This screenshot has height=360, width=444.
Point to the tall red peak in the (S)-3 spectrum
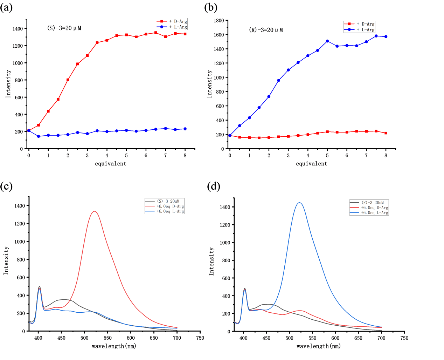click(x=95, y=211)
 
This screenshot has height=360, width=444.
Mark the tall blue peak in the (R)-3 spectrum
click(x=299, y=202)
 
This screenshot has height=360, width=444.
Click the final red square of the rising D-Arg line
click(x=185, y=34)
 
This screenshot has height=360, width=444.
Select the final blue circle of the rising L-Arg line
click(x=386, y=36)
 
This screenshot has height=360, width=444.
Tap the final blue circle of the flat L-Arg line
click(x=185, y=129)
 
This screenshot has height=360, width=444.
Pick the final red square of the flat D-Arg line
click(x=386, y=133)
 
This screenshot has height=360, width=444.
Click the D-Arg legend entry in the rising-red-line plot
click(x=178, y=21)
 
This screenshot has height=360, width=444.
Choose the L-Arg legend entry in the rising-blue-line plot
click(x=365, y=29)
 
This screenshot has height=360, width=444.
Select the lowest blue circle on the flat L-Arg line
click(x=39, y=136)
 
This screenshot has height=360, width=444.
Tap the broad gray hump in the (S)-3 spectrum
click(x=63, y=299)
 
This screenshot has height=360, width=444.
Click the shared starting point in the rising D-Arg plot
click(x=29, y=130)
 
